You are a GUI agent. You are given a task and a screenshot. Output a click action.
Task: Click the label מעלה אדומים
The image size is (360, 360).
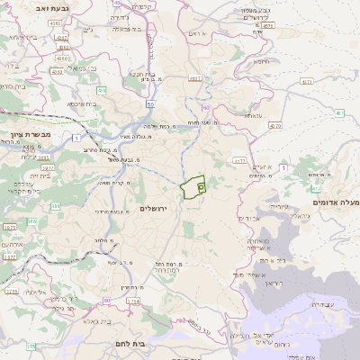point(341,202)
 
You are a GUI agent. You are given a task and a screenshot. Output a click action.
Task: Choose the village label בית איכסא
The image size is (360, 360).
point(86,103)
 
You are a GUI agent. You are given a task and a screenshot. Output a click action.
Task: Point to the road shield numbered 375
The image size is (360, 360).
point(30,346)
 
